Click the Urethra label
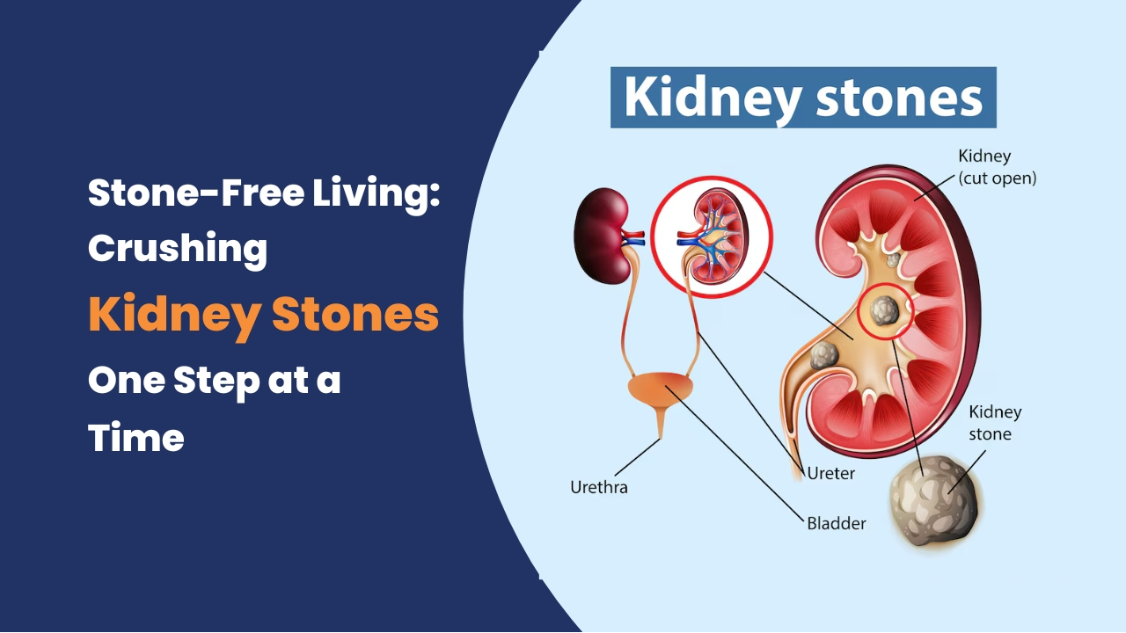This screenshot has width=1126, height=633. click(x=599, y=487)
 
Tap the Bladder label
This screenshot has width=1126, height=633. click(x=837, y=523)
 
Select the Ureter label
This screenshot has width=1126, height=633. click(x=831, y=473)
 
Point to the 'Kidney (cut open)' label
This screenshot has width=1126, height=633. click(x=998, y=167)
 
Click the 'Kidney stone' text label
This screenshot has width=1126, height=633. click(x=995, y=423)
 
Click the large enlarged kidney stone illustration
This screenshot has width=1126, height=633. click(x=936, y=501)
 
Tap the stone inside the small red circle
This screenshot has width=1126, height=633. click(x=884, y=310)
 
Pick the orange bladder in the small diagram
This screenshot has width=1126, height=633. click(x=661, y=388)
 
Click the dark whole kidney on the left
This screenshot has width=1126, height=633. click(x=603, y=236)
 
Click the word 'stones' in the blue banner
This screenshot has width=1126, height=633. click(x=899, y=97)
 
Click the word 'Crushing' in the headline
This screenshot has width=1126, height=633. click(x=178, y=249)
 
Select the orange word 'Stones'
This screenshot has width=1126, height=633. click(x=355, y=315)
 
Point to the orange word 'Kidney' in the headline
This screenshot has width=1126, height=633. click(x=174, y=317)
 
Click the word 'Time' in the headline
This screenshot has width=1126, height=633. click(x=136, y=437)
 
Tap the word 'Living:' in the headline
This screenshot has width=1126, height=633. click(x=376, y=194)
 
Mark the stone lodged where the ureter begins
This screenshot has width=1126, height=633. click(x=824, y=356)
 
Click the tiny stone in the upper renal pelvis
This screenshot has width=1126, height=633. click(x=893, y=260)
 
